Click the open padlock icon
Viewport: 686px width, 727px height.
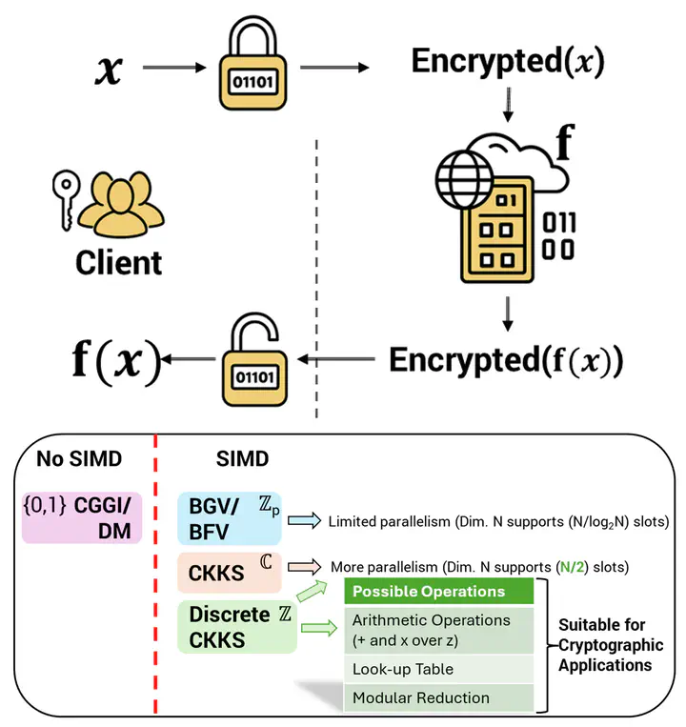pyautogui.click(x=252, y=362)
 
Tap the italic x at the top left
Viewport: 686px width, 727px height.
pyautogui.click(x=110, y=71)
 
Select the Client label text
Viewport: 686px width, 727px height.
pyautogui.click(x=119, y=261)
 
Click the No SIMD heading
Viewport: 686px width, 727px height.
pyautogui.click(x=79, y=459)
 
